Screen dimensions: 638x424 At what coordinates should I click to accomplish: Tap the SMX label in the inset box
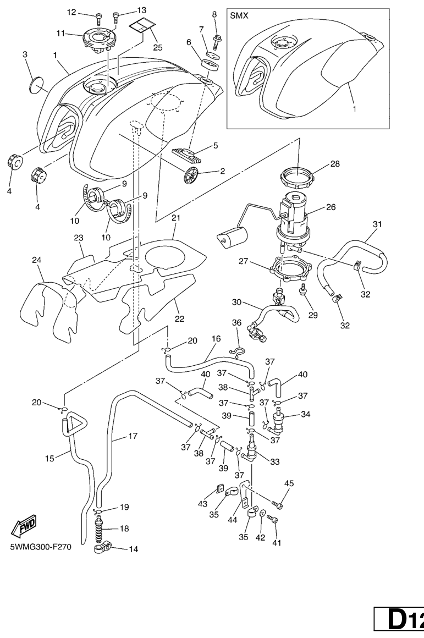239,16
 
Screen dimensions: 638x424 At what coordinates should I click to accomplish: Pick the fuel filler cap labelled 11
98,40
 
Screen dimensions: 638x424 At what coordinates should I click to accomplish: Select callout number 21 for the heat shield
176,218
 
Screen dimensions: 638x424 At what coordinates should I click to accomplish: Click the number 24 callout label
37,260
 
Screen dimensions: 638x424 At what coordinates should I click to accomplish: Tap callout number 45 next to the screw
289,484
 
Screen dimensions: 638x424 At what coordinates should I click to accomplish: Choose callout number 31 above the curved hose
377,224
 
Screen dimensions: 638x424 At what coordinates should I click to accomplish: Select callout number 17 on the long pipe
132,436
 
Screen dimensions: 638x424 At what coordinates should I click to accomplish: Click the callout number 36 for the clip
237,323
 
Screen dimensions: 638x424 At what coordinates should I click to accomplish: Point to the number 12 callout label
72,12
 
